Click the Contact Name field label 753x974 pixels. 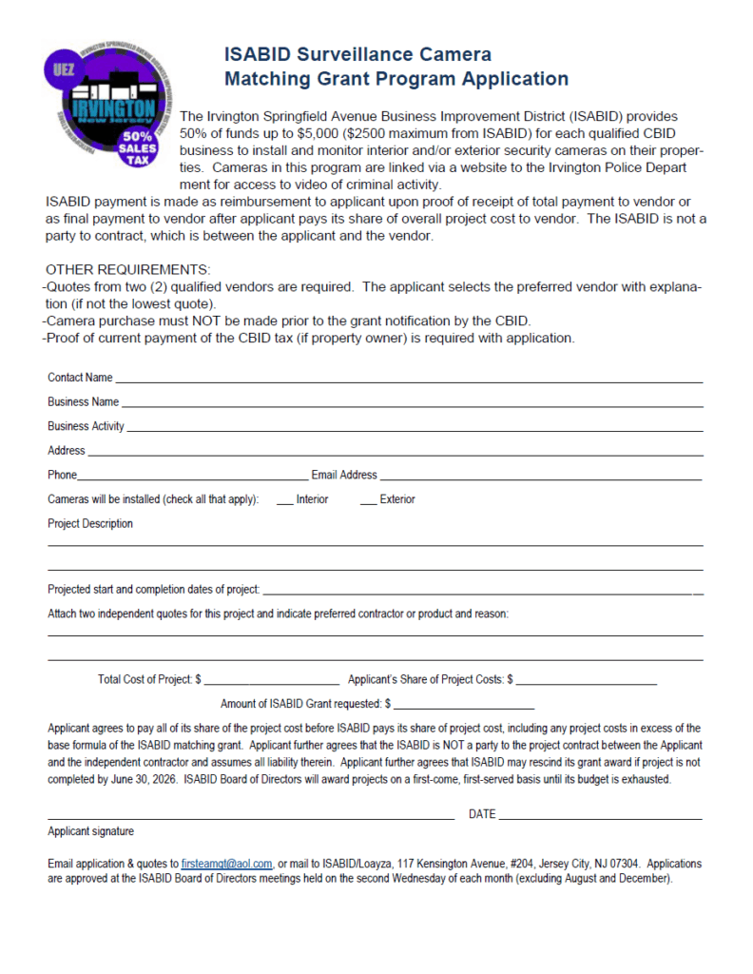coord(80,378)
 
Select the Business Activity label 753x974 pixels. coord(86,426)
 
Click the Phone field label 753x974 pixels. coord(63,475)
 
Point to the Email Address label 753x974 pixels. coord(344,475)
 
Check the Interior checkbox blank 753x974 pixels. coord(284,501)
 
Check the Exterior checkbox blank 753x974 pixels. coord(368,501)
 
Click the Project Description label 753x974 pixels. coord(90,523)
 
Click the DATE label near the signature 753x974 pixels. coord(482,814)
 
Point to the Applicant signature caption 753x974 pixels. coord(90,831)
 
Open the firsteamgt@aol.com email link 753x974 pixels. coord(227,864)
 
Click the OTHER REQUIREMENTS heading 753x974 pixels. coord(127,270)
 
